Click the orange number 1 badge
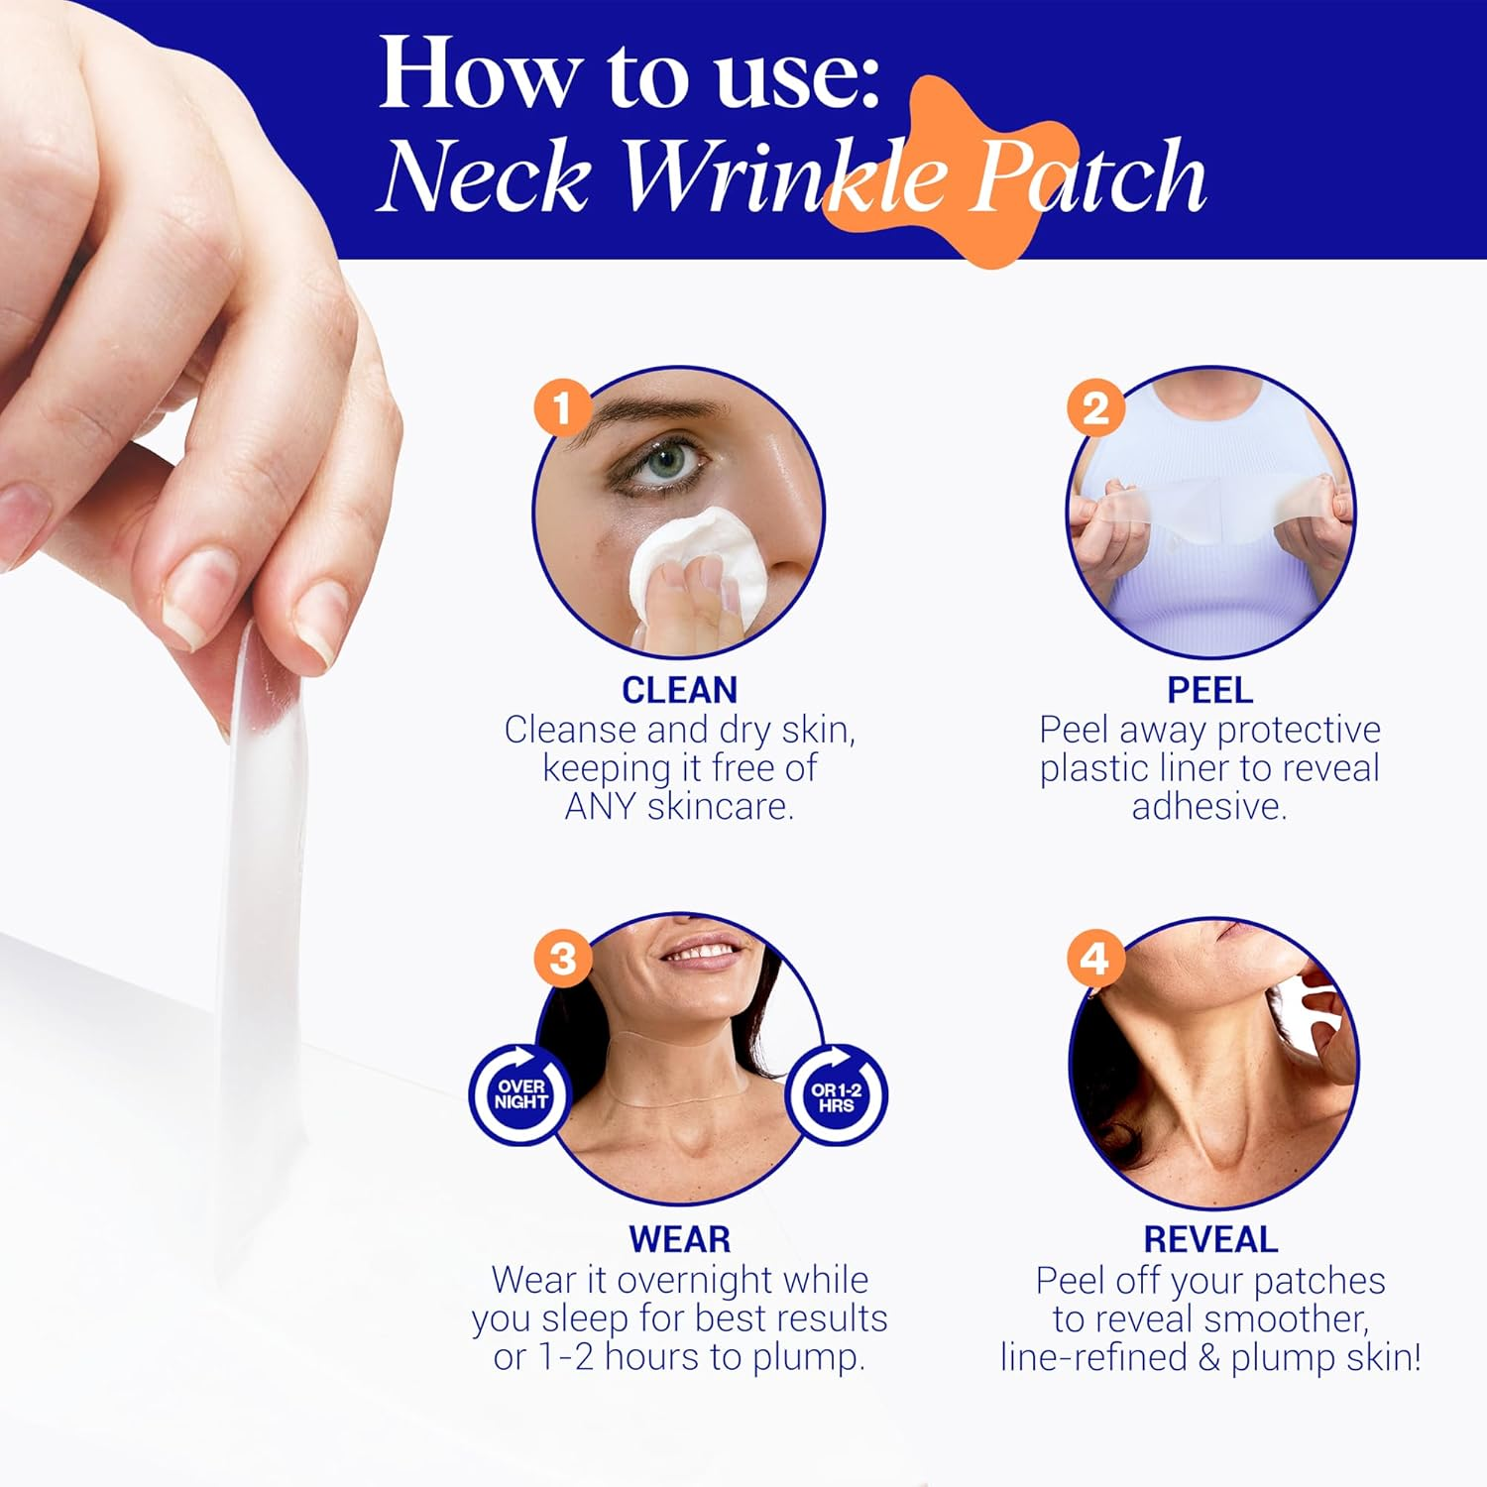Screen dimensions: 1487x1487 click(562, 407)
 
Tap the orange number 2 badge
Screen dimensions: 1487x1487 click(1094, 407)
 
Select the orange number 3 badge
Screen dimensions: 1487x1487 click(562, 959)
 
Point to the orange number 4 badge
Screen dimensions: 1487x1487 click(1094, 959)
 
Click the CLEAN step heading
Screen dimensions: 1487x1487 click(679, 690)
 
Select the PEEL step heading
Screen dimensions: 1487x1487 click(1209, 690)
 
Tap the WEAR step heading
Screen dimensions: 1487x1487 click(679, 1240)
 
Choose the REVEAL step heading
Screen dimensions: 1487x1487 click(1209, 1240)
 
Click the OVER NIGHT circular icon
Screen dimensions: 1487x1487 click(520, 1094)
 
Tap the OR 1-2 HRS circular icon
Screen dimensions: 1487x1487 click(836, 1096)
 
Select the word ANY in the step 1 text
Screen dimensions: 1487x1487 click(601, 807)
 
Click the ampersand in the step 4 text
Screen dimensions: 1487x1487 click(1208, 1357)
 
